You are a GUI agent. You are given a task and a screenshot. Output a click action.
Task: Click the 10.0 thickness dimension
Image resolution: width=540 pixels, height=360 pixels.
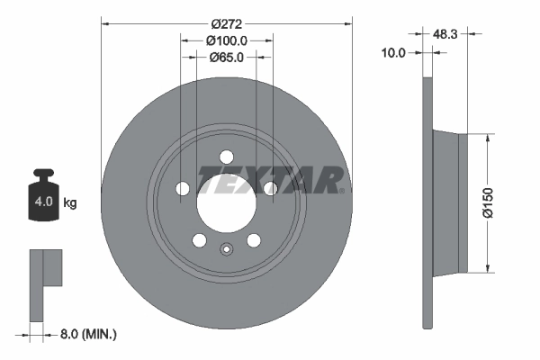[x=395, y=53]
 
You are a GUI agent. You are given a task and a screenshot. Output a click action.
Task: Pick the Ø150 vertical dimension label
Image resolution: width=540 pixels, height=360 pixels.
[x=488, y=202]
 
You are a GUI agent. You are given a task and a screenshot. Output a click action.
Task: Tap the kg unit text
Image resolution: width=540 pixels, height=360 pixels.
[x=70, y=203]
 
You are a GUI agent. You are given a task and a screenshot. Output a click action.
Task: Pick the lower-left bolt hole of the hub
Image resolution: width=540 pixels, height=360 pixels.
[x=198, y=240]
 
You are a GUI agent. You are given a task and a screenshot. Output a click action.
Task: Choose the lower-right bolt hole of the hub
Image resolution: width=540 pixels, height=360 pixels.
[x=254, y=240]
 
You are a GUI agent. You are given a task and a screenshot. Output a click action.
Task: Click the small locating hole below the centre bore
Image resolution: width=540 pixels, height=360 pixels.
[x=226, y=250]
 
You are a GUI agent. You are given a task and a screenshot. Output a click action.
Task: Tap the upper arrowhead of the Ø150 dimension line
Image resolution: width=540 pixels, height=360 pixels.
[x=488, y=138]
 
